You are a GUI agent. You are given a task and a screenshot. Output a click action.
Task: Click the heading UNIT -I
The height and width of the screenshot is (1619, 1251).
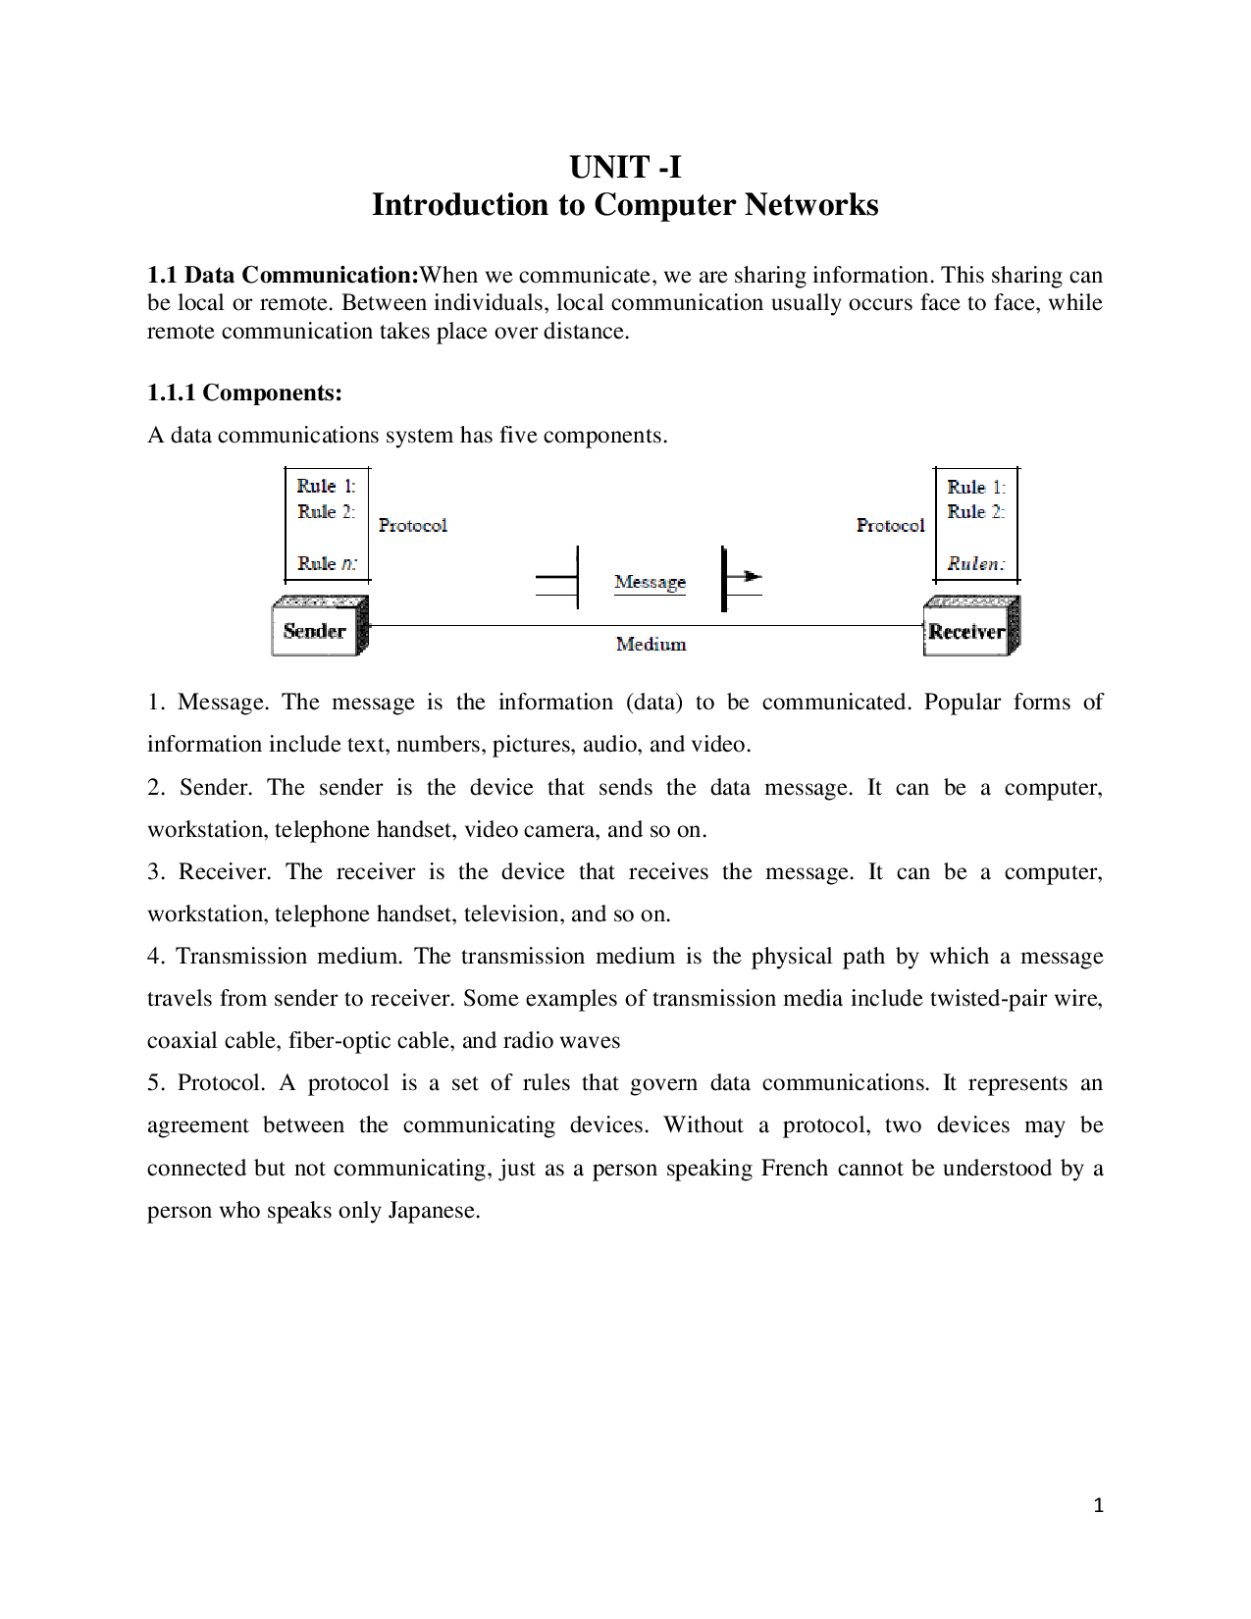point(625,168)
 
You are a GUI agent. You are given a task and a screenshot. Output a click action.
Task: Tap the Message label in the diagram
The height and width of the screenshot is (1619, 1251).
point(650,582)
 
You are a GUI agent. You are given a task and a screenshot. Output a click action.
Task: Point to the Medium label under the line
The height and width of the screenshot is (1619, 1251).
point(651,645)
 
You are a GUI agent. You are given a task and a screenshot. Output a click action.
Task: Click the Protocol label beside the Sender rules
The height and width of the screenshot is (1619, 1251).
point(413,526)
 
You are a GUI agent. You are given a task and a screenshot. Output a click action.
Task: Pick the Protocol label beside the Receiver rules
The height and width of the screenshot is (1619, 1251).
point(890,526)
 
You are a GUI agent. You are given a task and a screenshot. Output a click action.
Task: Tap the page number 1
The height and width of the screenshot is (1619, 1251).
point(1099,1506)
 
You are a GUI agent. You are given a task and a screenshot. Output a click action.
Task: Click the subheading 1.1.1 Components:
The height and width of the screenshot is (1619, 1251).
point(244,393)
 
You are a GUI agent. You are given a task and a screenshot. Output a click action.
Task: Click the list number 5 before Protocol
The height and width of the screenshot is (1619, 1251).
point(155,1083)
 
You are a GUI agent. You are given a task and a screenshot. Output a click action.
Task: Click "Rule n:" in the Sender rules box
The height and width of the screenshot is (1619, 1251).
point(328,564)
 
